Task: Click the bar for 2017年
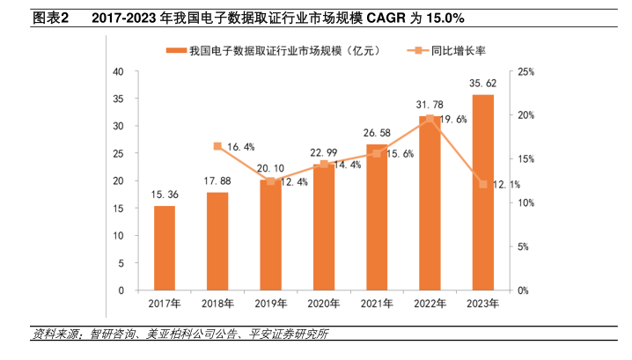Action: [x=165, y=248]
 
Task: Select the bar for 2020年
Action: [x=324, y=227]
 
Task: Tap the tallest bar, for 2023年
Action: [x=482, y=192]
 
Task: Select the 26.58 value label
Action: [x=377, y=134]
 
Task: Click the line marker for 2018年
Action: [x=217, y=146]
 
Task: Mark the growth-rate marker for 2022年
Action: [x=430, y=118]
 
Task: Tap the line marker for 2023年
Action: [x=482, y=184]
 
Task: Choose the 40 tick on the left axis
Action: [x=117, y=71]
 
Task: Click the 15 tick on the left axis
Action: [x=117, y=209]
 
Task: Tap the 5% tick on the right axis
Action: [x=519, y=246]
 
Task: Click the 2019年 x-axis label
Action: [x=270, y=304]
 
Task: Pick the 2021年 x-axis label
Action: [x=377, y=304]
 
